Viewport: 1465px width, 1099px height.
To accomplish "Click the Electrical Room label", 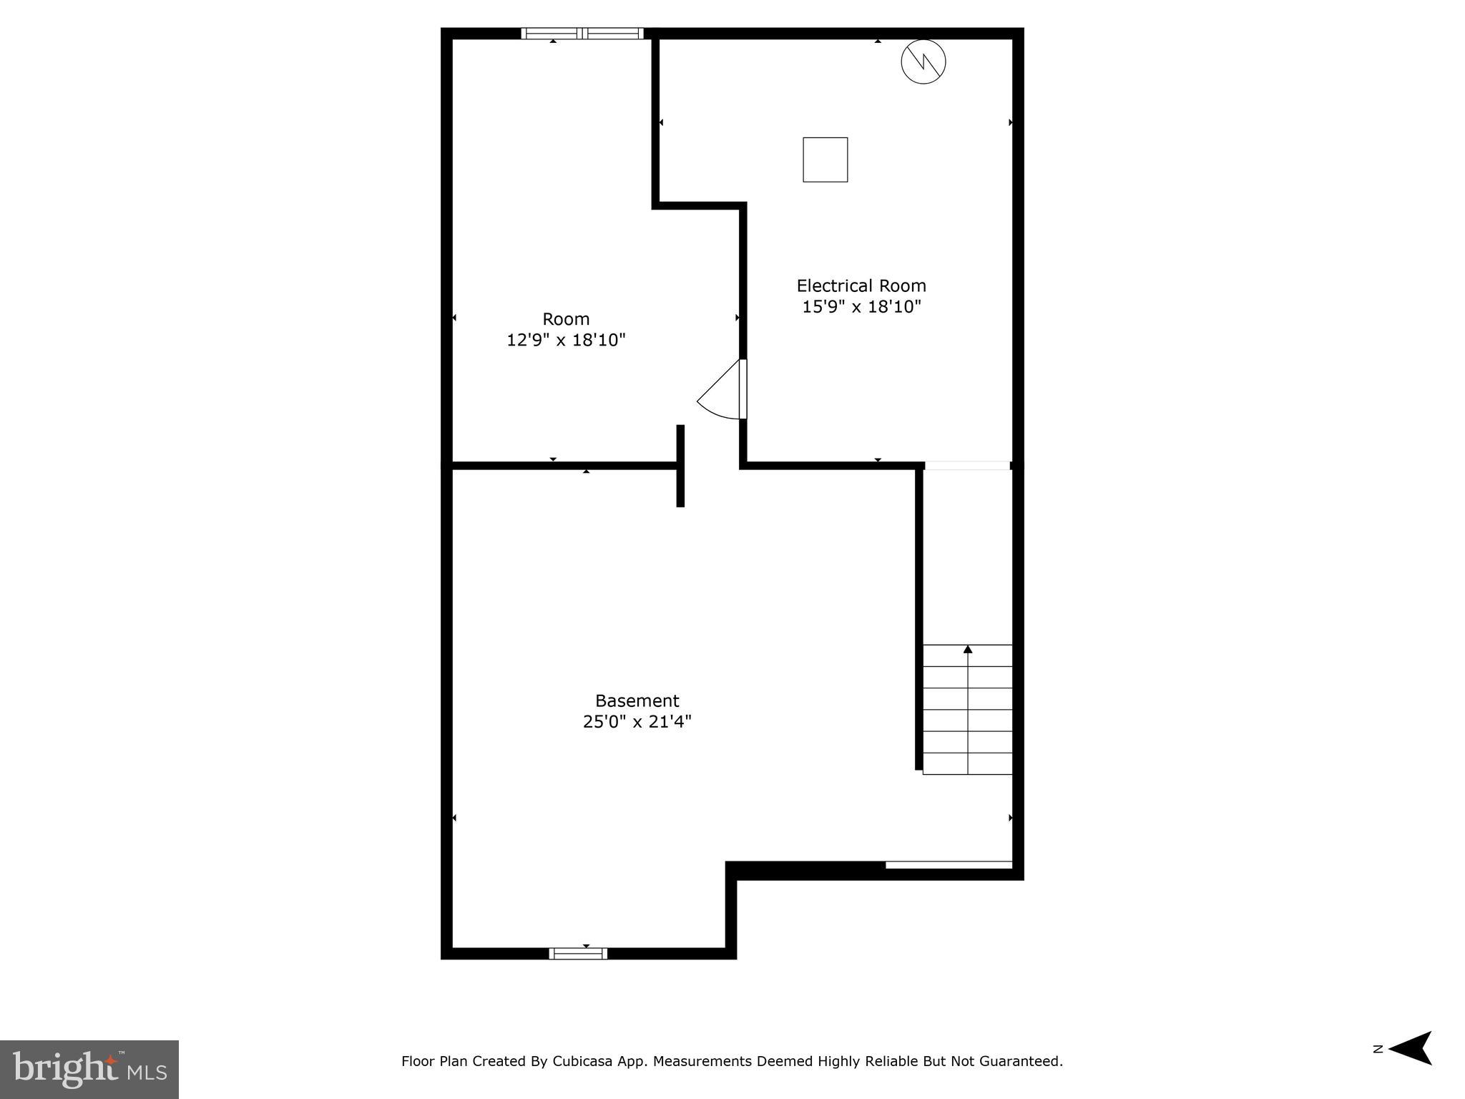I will pyautogui.click(x=861, y=286).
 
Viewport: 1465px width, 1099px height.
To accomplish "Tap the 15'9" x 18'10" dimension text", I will pyautogui.click(x=861, y=307).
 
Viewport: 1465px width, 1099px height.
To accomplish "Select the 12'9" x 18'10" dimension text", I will pyautogui.click(x=566, y=340).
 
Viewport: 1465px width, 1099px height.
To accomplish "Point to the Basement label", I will pyautogui.click(x=637, y=700).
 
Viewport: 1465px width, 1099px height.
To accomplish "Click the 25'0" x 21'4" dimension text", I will pyautogui.click(x=637, y=721).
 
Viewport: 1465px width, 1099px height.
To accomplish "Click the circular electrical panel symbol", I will pyautogui.click(x=923, y=62).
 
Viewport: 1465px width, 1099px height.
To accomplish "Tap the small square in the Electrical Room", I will pyautogui.click(x=825, y=160).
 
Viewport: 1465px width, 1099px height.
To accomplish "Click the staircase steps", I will pyautogui.click(x=967, y=710).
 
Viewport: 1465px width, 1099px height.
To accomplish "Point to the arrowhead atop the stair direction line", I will pyautogui.click(x=968, y=649).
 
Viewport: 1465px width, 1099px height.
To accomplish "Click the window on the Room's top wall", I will pyautogui.click(x=582, y=33).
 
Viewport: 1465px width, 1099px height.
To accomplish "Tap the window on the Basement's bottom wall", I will pyautogui.click(x=578, y=953).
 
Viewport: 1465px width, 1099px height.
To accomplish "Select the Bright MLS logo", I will pyautogui.click(x=89, y=1069).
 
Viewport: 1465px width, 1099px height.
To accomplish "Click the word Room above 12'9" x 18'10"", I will pyautogui.click(x=566, y=319).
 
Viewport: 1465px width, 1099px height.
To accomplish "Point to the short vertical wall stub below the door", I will pyautogui.click(x=680, y=466).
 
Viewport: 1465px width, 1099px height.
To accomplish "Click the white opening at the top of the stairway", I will pyautogui.click(x=967, y=466).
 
